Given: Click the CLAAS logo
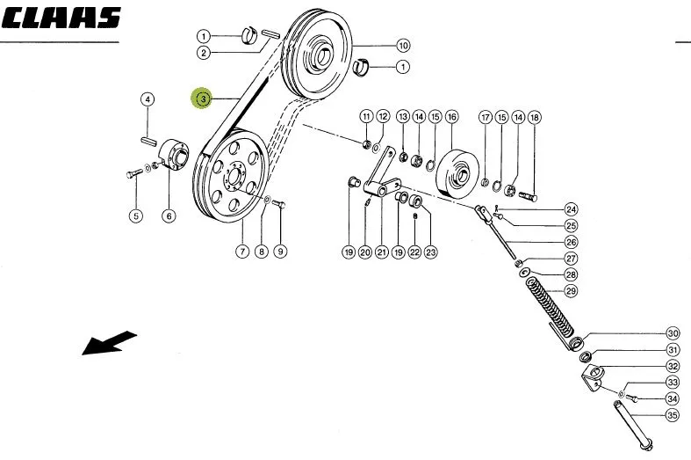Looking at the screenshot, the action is tap(61, 18).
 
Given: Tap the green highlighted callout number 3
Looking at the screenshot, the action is tap(203, 99).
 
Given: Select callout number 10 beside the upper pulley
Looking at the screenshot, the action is tap(403, 45).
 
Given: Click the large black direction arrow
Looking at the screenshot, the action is tap(109, 342).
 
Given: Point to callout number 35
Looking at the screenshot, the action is tap(672, 415).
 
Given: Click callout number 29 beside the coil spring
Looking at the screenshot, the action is tap(571, 291).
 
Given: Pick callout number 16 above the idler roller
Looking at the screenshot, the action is tap(451, 117).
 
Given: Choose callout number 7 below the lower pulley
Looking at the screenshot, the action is tap(242, 252).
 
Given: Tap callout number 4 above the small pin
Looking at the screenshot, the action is tap(148, 99).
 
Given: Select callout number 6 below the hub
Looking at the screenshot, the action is tap(169, 215).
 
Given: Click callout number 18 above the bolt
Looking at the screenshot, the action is tap(534, 118).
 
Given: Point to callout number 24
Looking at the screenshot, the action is tap(571, 209).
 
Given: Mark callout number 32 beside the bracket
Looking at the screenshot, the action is tap(673, 366).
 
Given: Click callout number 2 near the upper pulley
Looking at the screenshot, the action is tap(203, 53).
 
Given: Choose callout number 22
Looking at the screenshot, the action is tap(414, 252).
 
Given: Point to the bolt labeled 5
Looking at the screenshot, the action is tap(133, 174).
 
